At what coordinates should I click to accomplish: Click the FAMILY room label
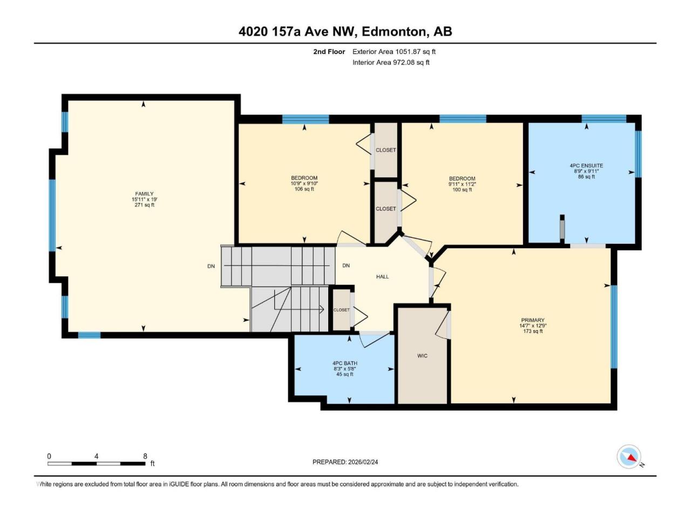pyautogui.click(x=144, y=194)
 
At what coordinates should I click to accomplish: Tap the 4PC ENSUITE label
pyautogui.click(x=586, y=166)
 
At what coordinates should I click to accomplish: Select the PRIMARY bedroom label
pyautogui.click(x=532, y=320)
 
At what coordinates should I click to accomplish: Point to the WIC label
pyautogui.click(x=422, y=356)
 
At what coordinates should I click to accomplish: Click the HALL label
pyautogui.click(x=382, y=277)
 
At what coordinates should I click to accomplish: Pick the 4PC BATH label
pyautogui.click(x=345, y=363)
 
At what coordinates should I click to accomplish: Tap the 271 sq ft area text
pyautogui.click(x=145, y=205)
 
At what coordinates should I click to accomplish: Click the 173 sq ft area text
pyautogui.click(x=533, y=331)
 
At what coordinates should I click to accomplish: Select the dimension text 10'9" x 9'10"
pyautogui.click(x=304, y=183)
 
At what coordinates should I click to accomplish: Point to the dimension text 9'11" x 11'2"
pyautogui.click(x=462, y=184)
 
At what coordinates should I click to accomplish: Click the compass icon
pyautogui.click(x=629, y=457)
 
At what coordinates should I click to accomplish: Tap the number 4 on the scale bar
pyautogui.click(x=96, y=456)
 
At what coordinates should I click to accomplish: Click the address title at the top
pyautogui.click(x=345, y=32)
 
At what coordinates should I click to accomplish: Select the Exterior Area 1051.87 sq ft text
pyautogui.click(x=394, y=52)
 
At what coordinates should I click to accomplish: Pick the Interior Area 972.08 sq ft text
pyautogui.click(x=391, y=63)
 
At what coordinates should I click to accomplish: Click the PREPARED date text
pyautogui.click(x=345, y=462)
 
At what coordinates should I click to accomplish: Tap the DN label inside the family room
pyautogui.click(x=211, y=266)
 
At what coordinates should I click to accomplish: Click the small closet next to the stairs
pyautogui.click(x=341, y=310)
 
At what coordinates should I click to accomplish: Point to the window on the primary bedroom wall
pyautogui.click(x=614, y=327)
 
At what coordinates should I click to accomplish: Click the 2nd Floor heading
pyautogui.click(x=329, y=52)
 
